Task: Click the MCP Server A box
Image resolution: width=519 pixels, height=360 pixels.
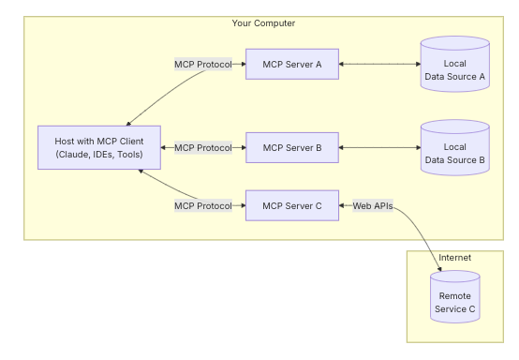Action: (291, 64)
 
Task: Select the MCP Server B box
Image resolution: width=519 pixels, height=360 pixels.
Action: (291, 147)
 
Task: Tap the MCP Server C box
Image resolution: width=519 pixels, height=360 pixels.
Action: (291, 205)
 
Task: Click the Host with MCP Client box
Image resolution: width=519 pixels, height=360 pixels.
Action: (98, 147)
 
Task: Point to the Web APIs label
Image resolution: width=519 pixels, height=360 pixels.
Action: (372, 205)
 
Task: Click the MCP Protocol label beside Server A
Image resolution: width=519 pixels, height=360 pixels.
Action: (202, 64)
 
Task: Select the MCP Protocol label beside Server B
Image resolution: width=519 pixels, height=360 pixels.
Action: (202, 147)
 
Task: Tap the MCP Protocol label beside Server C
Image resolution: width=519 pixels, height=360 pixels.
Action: (202, 205)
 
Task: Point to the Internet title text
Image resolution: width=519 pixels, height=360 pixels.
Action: (455, 257)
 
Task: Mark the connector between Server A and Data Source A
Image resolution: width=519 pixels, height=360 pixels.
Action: (379, 64)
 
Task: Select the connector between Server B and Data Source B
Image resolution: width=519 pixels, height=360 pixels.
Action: (379, 147)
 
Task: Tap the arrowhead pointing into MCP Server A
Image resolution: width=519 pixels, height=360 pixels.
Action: (242, 64)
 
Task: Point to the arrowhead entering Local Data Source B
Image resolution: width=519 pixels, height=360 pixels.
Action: (417, 147)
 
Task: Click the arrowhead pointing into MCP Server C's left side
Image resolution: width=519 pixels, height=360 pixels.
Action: (242, 205)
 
